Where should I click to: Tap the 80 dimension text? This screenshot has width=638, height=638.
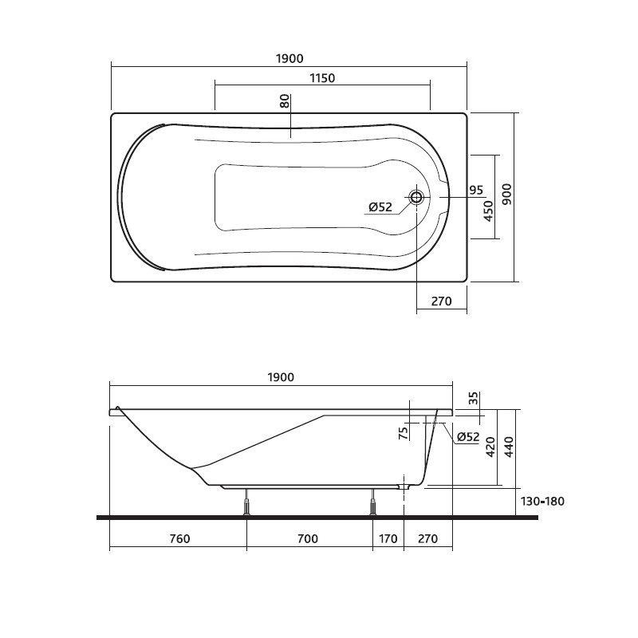(x=284, y=102)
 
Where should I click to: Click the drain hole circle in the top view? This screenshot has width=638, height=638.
(x=416, y=197)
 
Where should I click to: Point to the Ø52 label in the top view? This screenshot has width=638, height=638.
(x=380, y=207)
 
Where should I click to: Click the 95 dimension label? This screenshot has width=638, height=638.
(x=476, y=190)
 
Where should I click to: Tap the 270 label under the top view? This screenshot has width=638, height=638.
(x=441, y=301)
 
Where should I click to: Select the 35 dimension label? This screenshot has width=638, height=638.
(x=473, y=398)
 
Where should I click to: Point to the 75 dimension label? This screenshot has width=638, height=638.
(x=404, y=432)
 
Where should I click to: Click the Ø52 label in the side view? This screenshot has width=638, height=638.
(x=468, y=436)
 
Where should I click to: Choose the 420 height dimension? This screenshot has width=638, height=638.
(x=490, y=447)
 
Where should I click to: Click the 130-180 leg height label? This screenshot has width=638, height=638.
(x=542, y=502)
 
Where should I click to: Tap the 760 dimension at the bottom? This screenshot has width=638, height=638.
(x=179, y=539)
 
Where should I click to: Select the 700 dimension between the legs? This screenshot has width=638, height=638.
(x=308, y=539)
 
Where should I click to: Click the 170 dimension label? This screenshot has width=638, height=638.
(x=387, y=539)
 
